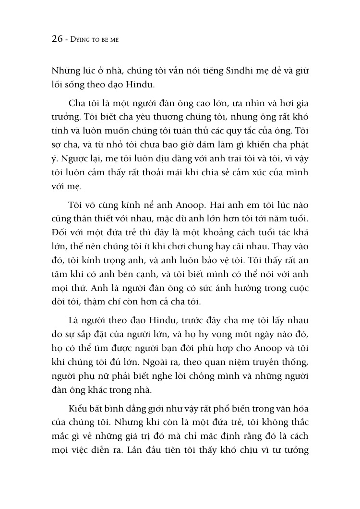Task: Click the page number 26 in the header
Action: click(57, 39)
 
